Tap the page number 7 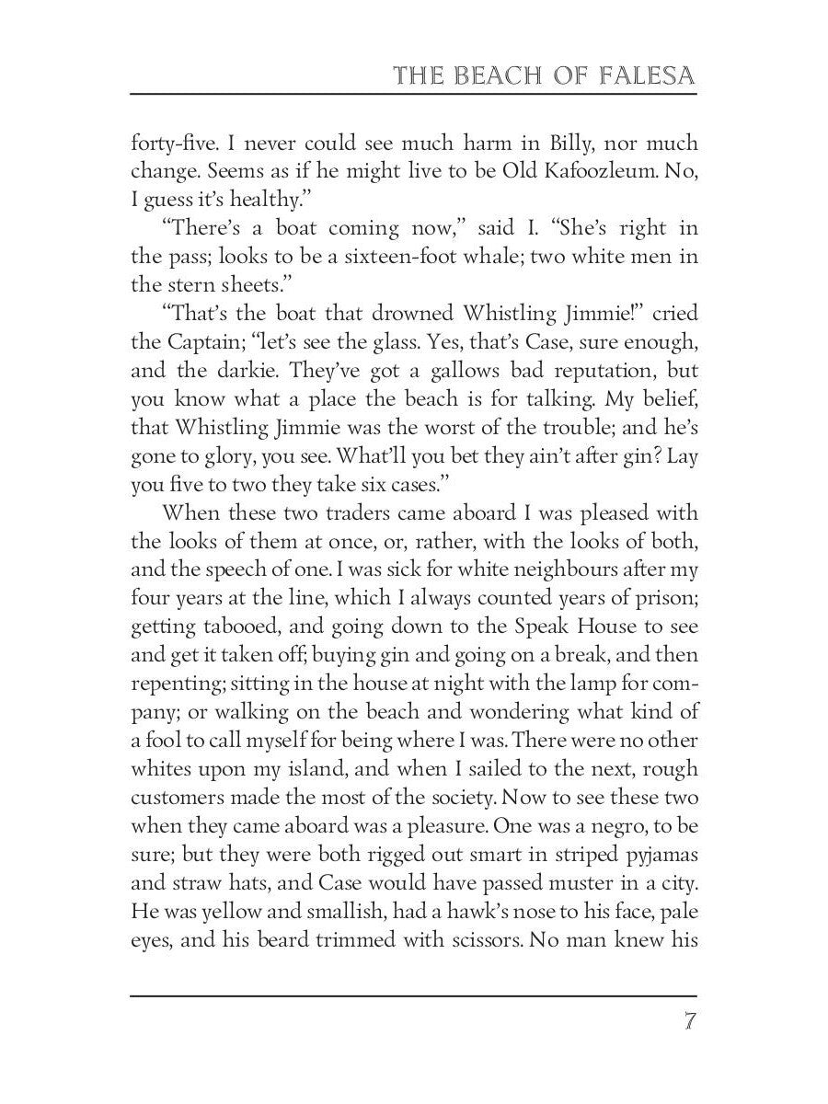[688, 1022]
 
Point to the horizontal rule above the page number [414, 995]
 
